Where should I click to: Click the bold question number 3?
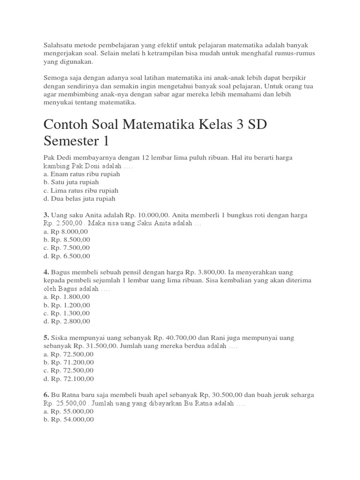coord(46,215)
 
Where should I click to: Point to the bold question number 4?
coord(46,272)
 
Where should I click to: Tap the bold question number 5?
coord(46,337)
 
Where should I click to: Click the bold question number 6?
coord(46,395)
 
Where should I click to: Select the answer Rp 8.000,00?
coord(65,232)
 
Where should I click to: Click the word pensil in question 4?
coord(138,272)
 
